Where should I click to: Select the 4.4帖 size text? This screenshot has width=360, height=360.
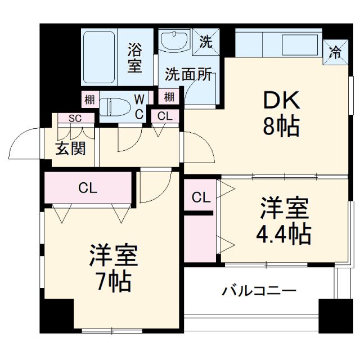(284, 233)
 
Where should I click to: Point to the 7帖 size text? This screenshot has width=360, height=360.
(112, 280)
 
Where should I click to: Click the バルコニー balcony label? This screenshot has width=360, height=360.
(258, 291)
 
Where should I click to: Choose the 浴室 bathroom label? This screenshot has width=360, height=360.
(134, 57)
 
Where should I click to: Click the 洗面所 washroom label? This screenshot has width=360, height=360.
(188, 75)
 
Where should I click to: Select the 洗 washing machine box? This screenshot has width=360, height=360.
(205, 42)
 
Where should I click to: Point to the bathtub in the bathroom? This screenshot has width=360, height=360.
(98, 57)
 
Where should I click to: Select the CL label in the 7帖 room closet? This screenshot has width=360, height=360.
(88, 188)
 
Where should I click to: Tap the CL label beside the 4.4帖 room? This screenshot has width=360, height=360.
(201, 197)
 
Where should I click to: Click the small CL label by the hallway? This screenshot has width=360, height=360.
(165, 116)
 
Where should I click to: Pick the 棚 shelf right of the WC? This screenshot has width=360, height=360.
(169, 97)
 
